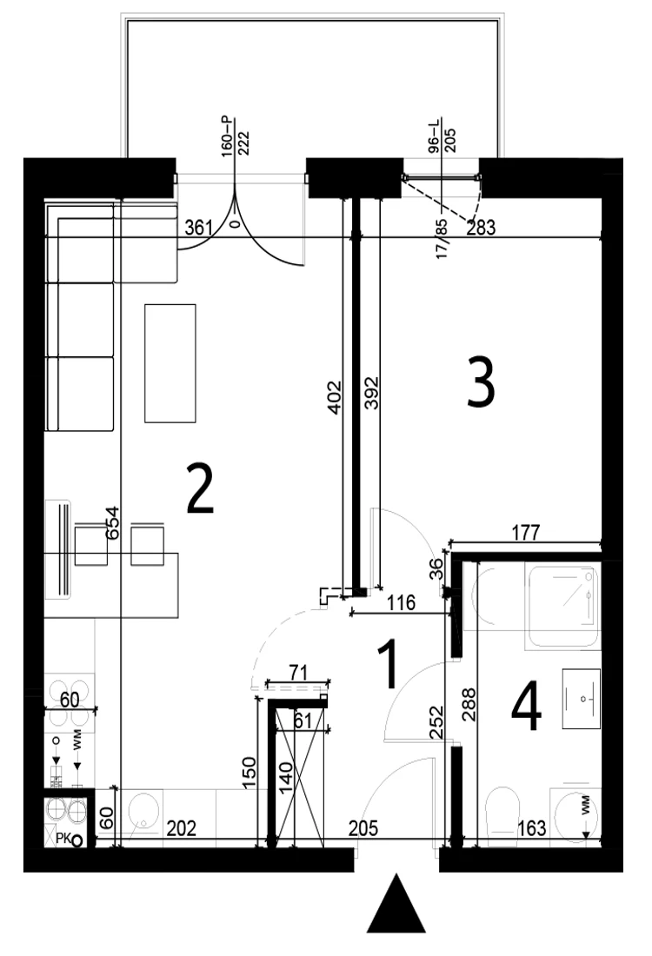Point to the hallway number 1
pos(388,665)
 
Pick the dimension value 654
pos(112,523)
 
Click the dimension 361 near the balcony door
pos(198,228)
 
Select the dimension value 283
pos(482,228)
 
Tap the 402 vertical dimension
pos(334,397)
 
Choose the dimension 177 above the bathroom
pos(526,532)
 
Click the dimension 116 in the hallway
pos(402,603)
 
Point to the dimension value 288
pos(469,705)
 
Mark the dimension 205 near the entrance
pos(363,828)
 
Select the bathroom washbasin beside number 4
pos(582,698)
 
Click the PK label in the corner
pos(63,840)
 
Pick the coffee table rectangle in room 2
pos(170,363)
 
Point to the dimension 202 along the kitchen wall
pos(181,828)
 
